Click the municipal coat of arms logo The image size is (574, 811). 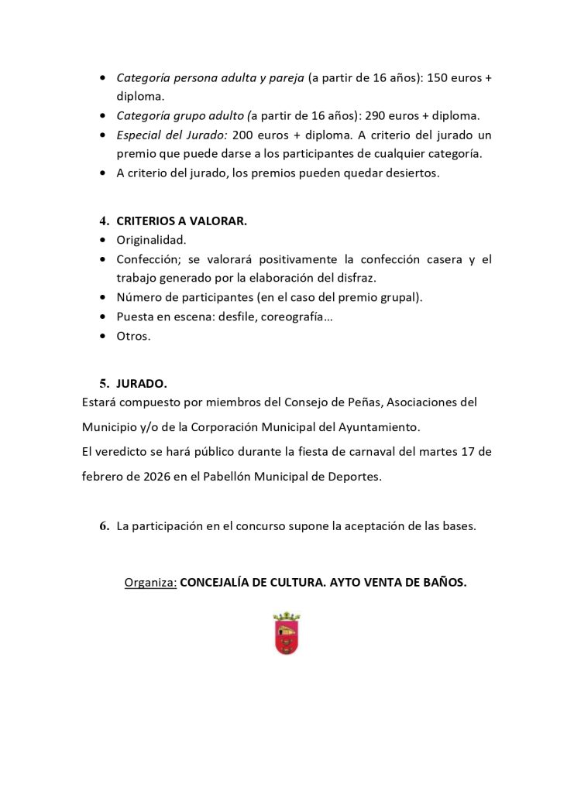click(x=287, y=634)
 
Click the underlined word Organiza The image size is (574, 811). click(x=150, y=582)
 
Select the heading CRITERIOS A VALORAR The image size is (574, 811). click(x=181, y=221)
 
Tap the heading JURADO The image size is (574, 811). click(x=141, y=383)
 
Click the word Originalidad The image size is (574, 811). click(x=151, y=240)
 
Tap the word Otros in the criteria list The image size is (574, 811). click(x=133, y=336)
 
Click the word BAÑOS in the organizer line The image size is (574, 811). click(x=444, y=582)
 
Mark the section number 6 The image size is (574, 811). click(x=104, y=526)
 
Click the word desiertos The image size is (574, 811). click(x=411, y=173)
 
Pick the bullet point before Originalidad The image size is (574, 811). click(x=104, y=240)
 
